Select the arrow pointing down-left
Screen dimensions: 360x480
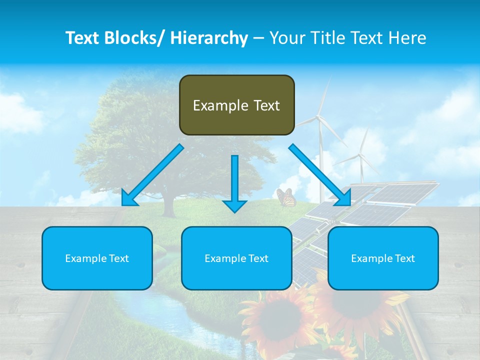point(152,175)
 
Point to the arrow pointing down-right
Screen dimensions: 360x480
point(320,175)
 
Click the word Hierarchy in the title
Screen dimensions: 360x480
point(209,38)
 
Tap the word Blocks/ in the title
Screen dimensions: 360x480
point(131,38)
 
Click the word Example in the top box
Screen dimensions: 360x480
point(220,105)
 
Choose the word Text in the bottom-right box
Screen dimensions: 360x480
point(404,258)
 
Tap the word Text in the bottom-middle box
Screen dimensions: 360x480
point(257,258)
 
